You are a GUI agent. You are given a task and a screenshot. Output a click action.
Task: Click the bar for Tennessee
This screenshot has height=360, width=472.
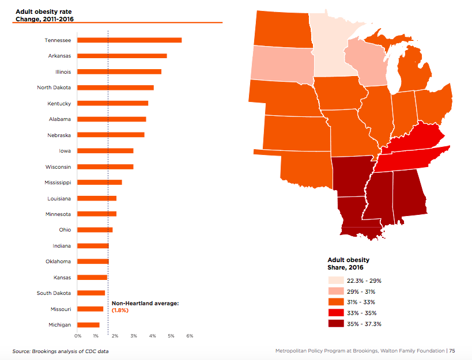click(x=129, y=40)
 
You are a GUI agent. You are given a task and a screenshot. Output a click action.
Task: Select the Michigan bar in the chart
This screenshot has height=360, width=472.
click(x=88, y=325)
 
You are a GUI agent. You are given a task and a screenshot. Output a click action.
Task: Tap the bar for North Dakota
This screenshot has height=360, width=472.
click(x=115, y=88)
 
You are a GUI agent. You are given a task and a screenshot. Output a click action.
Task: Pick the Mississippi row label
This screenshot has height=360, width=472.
click(x=58, y=183)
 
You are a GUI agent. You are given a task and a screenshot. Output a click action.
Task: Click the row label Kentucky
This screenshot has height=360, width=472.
click(x=59, y=104)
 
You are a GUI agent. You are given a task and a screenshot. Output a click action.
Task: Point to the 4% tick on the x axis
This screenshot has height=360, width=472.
click(x=152, y=335)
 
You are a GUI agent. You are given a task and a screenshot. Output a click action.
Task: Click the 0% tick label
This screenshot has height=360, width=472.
click(x=78, y=335)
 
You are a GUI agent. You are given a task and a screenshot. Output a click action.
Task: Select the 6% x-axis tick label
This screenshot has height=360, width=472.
click(x=190, y=335)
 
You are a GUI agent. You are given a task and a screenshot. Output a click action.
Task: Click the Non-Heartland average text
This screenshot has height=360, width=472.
click(x=145, y=303)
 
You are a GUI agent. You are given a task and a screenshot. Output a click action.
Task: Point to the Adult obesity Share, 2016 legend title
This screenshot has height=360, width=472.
click(x=349, y=263)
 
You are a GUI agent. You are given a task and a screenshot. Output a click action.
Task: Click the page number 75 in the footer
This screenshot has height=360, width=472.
click(x=452, y=350)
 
